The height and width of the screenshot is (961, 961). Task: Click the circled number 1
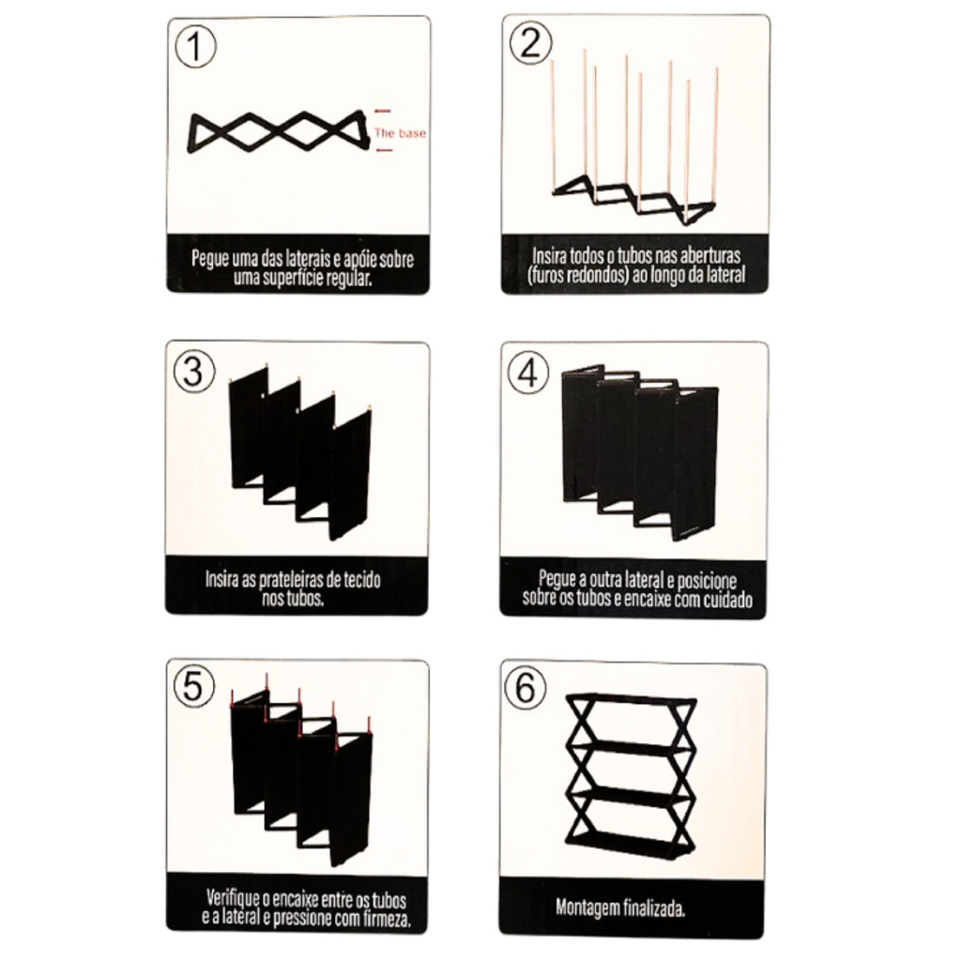[195, 47]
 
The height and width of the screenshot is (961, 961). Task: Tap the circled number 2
[531, 43]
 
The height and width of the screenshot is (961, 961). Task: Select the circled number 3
[194, 372]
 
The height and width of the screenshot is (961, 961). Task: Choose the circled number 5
[194, 687]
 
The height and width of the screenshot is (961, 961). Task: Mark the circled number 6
[526, 688]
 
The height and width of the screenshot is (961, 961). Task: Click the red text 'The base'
[400, 133]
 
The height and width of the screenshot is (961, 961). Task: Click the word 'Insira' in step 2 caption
[549, 255]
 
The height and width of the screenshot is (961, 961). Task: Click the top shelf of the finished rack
[632, 698]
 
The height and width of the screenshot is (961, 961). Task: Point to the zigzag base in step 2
[634, 199]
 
